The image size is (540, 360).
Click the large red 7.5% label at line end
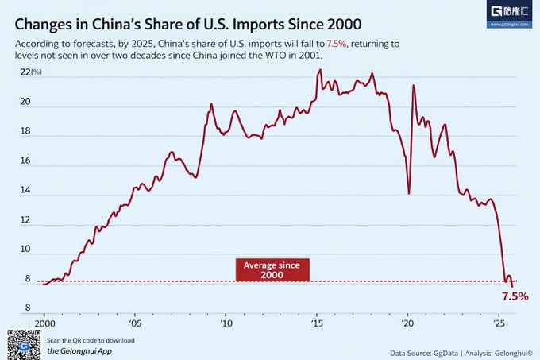[514, 296]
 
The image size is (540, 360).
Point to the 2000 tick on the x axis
[44, 325]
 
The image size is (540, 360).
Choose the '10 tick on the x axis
[226, 325]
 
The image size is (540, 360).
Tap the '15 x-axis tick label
[317, 325]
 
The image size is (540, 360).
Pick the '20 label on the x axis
[408, 325]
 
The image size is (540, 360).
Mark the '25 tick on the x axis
[499, 325]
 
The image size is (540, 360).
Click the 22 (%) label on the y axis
[30, 72]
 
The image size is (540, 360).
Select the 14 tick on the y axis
[25, 191]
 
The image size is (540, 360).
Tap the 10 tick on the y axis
[25, 250]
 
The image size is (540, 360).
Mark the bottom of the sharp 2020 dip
[408, 193]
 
